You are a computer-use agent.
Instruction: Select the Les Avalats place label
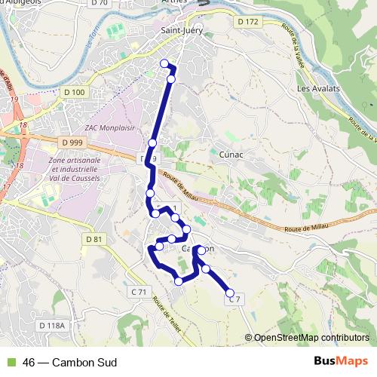click(318, 88)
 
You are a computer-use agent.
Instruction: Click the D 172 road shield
click(247, 23)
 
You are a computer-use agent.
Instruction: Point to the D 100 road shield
click(76, 92)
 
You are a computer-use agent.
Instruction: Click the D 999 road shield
click(73, 142)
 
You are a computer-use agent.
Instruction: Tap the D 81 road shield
click(93, 239)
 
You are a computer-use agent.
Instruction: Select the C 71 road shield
click(139, 291)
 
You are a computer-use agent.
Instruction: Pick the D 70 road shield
click(98, 2)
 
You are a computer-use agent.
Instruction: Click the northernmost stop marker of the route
click(164, 63)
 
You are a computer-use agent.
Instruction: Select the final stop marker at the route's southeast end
click(230, 294)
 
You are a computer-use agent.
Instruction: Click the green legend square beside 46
click(11, 363)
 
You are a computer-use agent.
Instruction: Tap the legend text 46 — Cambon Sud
click(69, 363)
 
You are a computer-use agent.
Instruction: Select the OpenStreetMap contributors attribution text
click(311, 337)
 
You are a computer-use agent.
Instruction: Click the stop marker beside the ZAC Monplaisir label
click(152, 143)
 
